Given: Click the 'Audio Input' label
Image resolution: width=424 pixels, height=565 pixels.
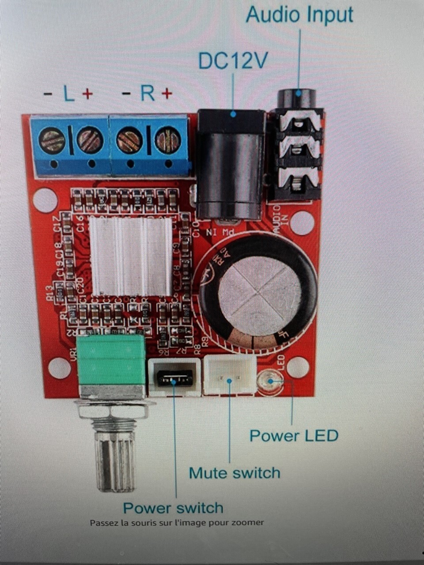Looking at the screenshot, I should pyautogui.click(x=299, y=15).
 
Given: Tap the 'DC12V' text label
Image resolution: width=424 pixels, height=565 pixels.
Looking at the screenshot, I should pyautogui.click(x=233, y=61).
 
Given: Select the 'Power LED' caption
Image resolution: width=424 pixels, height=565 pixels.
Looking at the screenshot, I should pyautogui.click(x=294, y=436).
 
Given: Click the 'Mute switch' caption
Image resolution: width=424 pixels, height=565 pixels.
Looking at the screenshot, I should pyautogui.click(x=235, y=473).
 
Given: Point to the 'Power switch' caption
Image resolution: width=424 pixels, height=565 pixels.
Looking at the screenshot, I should pyautogui.click(x=173, y=508).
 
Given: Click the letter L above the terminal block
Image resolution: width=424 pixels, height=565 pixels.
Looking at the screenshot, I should pyautogui.click(x=69, y=94).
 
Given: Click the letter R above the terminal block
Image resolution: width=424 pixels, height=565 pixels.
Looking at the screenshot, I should pyautogui.click(x=148, y=93).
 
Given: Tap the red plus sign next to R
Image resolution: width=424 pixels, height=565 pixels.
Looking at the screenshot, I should pyautogui.click(x=167, y=94).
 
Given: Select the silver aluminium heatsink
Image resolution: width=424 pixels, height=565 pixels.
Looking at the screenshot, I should pyautogui.click(x=131, y=256).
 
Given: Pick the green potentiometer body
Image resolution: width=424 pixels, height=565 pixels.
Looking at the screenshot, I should pyautogui.click(x=111, y=360).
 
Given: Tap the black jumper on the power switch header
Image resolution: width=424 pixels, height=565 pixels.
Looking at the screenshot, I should pyautogui.click(x=175, y=378).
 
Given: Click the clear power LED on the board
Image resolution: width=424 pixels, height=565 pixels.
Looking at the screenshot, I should pyautogui.click(x=271, y=381).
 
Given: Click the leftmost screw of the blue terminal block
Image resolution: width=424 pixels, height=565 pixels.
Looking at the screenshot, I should pyautogui.click(x=52, y=140).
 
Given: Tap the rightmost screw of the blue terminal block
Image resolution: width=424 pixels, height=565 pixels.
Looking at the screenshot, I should pyautogui.click(x=168, y=140).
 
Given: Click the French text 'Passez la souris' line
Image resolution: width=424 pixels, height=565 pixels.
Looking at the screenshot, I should pyautogui.click(x=177, y=523).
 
